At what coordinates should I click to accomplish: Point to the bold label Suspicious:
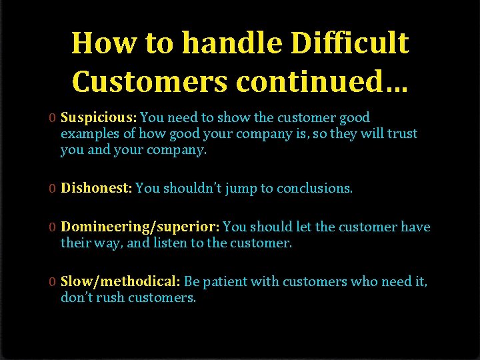pos(99,118)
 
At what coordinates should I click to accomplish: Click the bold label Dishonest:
pos(97,189)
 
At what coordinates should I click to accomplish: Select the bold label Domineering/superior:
pos(141,227)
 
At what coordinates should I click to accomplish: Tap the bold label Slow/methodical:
pos(121,282)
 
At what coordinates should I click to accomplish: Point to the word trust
pos(403,133)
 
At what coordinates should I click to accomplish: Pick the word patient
pos(225,282)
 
